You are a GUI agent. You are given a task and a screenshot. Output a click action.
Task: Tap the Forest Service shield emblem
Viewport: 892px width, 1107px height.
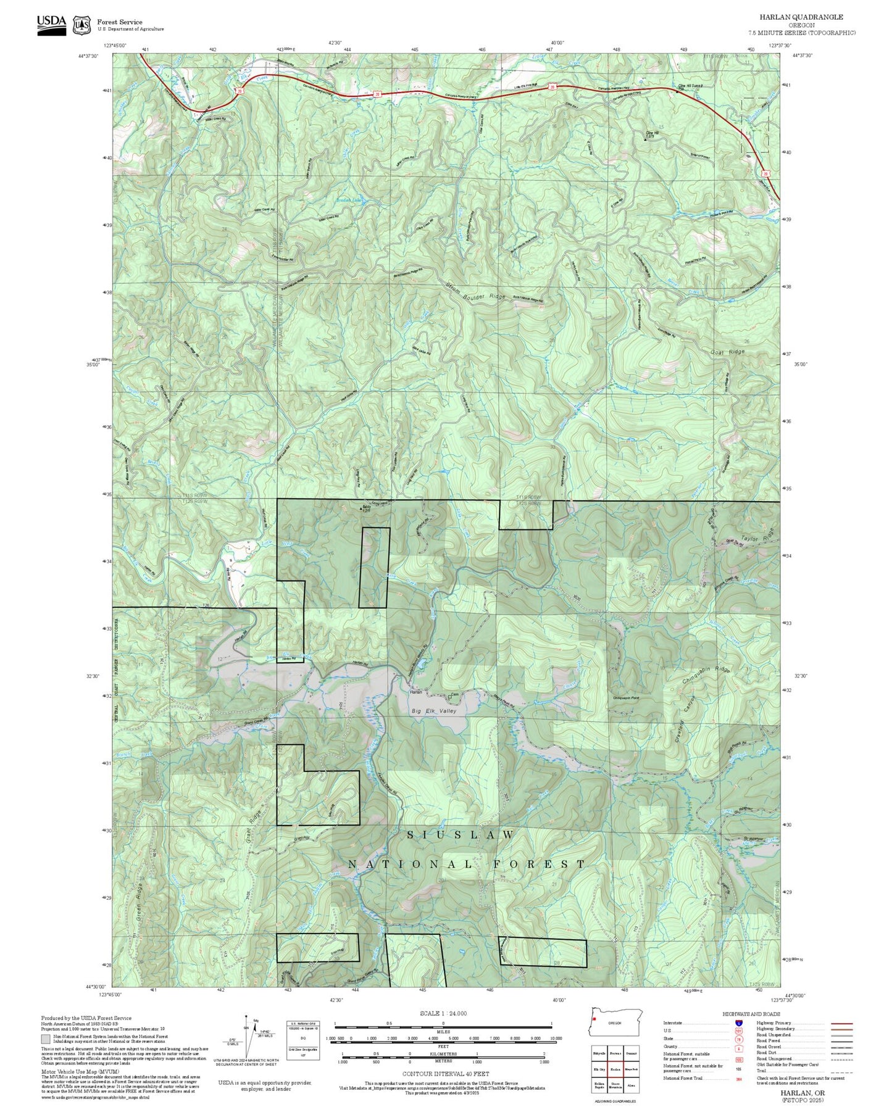[81, 25]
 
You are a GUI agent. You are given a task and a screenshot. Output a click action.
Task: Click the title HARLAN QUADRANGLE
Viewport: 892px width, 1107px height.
[801, 17]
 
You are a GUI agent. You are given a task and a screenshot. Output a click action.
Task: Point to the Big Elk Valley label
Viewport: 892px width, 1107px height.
[434, 711]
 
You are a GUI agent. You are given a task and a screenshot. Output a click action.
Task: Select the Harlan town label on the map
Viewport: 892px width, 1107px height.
[416, 692]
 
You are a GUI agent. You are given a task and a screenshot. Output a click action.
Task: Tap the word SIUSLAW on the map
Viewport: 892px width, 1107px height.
[460, 835]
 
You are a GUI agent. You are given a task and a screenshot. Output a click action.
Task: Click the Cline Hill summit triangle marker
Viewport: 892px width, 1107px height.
[646, 139]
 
